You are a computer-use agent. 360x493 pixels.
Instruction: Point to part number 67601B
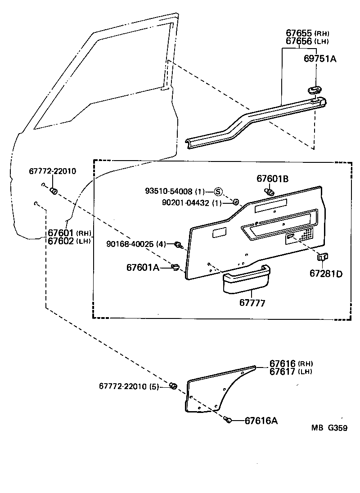point(272,179)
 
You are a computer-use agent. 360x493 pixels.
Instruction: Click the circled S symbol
point(218,191)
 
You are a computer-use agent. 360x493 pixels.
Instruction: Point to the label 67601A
point(143,268)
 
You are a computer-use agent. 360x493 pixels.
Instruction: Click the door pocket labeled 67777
point(245,282)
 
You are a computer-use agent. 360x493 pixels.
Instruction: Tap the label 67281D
point(325,273)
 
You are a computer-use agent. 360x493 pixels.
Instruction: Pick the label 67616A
point(261,421)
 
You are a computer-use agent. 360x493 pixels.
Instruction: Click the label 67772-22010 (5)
point(129,386)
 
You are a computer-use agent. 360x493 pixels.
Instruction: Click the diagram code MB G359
point(328,428)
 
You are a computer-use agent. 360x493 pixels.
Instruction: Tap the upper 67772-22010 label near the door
point(53,171)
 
